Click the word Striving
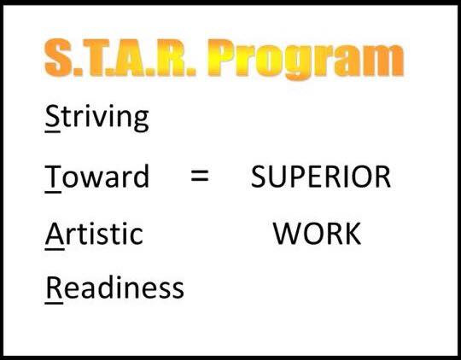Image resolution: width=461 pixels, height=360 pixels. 96,118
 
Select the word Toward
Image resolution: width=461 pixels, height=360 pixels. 97,177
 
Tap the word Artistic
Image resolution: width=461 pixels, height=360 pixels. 94,234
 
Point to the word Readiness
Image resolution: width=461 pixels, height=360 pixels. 114,287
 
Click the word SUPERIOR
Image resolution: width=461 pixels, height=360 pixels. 321,177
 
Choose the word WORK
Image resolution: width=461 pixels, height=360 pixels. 318,234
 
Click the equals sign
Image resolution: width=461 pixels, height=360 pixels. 200,176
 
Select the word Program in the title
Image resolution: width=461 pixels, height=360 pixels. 306,60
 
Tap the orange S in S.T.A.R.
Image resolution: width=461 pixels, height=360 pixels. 58,57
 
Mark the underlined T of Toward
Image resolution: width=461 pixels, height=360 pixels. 53,177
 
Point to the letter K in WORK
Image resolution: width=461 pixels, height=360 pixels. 353,234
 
